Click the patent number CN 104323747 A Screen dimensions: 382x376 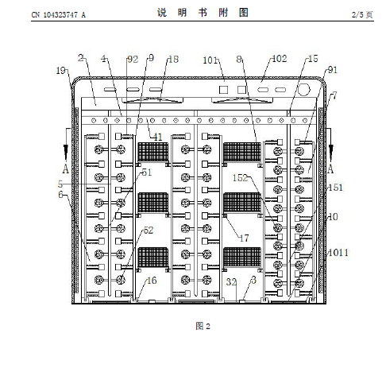pos(59,15)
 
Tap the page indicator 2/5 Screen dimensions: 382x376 pos(357,14)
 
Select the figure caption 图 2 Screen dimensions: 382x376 pos(203,326)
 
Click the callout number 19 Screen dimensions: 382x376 pos(60,71)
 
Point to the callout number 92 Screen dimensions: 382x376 pos(133,60)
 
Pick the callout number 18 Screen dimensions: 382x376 pos(174,60)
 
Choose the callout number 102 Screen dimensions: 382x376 pos(280,59)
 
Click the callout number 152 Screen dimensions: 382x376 pos(240,178)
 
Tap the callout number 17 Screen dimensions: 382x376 pos(244,238)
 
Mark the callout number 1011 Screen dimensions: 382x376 pos(338,253)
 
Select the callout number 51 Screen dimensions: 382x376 pos(147,172)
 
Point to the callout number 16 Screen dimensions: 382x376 pos(152,281)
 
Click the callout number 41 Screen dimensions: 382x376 pos(158,137)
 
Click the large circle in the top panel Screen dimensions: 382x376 pos(303,90)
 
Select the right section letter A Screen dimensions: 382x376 pos(330,169)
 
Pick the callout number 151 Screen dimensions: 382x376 pos(336,188)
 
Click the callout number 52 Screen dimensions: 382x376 pos(149,230)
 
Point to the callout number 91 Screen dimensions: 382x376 pos(333,70)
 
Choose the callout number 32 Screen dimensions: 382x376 pos(231,282)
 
